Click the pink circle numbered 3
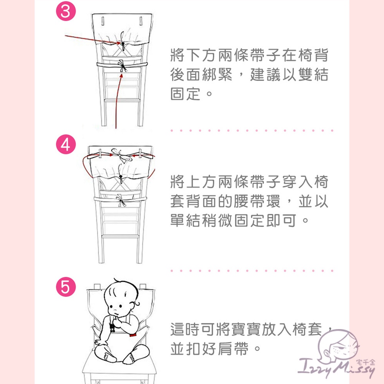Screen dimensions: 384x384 [66, 11]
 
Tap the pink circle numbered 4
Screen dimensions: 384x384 [66, 144]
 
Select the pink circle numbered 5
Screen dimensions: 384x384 [66, 287]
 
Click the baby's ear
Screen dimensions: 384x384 [136, 305]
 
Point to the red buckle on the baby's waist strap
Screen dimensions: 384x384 [133, 335]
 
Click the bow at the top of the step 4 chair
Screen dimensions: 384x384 [120, 155]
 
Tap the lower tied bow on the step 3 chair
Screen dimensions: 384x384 [122, 66]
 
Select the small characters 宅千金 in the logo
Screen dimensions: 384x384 [366, 362]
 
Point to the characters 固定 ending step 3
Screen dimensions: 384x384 [185, 94]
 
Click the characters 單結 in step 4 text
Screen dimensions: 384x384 [185, 221]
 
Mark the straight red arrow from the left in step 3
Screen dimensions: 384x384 [93, 40]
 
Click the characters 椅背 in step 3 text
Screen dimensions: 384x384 [313, 55]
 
